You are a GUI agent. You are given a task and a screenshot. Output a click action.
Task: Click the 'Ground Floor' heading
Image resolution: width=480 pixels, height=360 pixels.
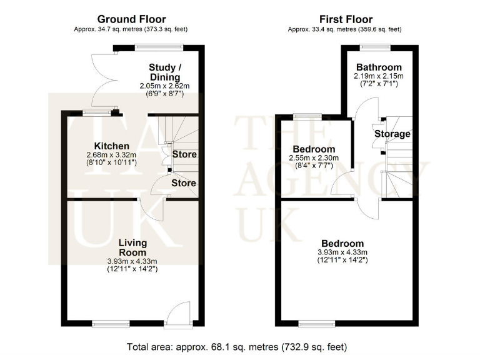pyautogui.click(x=132, y=19)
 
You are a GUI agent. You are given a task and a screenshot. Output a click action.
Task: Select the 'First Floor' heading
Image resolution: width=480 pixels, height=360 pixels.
pyautogui.click(x=346, y=19)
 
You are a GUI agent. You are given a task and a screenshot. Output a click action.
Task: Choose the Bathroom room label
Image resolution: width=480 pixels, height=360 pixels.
pyautogui.click(x=379, y=67)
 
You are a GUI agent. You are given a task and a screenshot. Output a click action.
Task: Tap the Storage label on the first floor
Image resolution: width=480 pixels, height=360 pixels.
pyautogui.click(x=392, y=134)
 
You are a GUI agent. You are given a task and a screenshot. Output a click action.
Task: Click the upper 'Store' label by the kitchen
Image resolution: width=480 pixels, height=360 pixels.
pyautogui.click(x=184, y=154)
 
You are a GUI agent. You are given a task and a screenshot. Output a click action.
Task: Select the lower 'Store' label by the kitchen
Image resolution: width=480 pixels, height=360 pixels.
pyautogui.click(x=184, y=183)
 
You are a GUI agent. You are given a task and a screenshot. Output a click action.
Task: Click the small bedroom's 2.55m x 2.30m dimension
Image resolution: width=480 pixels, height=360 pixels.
pyautogui.click(x=316, y=158)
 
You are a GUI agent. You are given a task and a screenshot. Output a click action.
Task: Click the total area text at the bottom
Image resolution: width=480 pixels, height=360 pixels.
pyautogui.click(x=240, y=346)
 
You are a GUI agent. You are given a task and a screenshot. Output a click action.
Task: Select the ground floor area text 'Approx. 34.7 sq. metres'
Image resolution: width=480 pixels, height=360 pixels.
pyautogui.click(x=131, y=29)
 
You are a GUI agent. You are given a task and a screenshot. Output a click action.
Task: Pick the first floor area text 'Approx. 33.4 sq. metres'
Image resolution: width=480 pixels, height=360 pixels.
pyautogui.click(x=344, y=29)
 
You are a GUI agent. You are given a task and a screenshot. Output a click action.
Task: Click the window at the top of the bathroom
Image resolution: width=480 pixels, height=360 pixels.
pyautogui.click(x=374, y=45)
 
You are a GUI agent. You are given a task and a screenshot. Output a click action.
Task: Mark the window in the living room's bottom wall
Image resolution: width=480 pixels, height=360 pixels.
pyautogui.click(x=111, y=324)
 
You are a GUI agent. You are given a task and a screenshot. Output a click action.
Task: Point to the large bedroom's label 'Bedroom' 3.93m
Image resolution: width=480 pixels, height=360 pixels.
pyautogui.click(x=342, y=244)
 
